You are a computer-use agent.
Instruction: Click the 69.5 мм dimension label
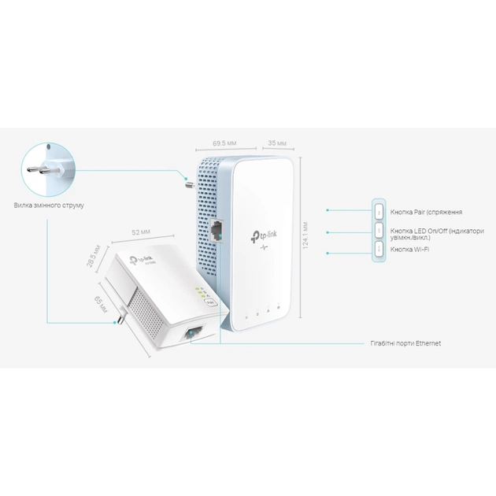point(225,144)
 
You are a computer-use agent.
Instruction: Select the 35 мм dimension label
point(276,144)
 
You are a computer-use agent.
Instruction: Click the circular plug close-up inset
point(46,168)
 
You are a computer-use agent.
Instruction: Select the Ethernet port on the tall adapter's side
point(218,228)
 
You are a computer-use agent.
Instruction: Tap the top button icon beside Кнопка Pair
point(379,212)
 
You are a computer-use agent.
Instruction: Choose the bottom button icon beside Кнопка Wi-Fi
point(379,249)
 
